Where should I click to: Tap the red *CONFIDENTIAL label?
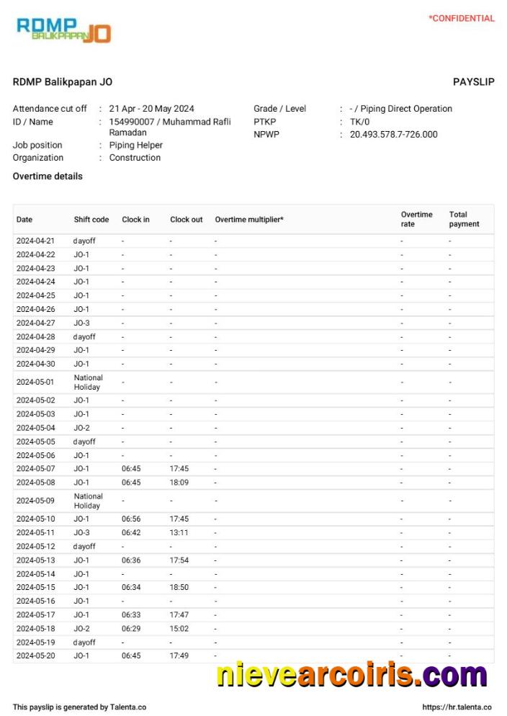461,19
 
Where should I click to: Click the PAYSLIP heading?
473,82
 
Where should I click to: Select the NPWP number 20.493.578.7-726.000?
393,135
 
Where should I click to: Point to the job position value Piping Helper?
135,146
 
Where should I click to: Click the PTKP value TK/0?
359,122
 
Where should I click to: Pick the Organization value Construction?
135,158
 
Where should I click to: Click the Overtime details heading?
48,176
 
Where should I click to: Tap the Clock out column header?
186,220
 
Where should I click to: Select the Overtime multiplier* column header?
249,220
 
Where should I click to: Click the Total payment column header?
464,219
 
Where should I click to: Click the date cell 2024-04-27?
35,323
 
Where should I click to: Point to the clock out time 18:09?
179,483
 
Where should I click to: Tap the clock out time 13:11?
179,533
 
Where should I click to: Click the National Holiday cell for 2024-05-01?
88,382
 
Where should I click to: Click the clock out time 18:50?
179,588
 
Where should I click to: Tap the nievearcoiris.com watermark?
351,676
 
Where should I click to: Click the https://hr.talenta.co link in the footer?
457,707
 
